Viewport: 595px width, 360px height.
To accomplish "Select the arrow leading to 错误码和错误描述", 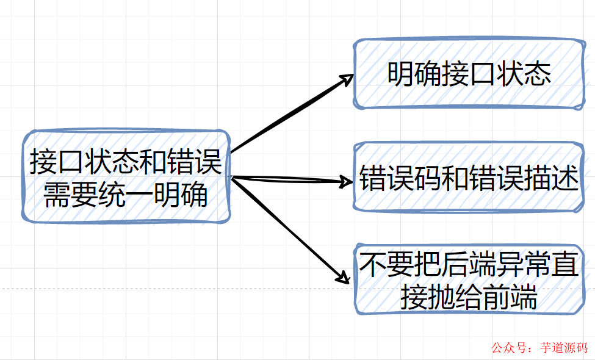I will coord(287,179).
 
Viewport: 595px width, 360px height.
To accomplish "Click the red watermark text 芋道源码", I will coord(564,348).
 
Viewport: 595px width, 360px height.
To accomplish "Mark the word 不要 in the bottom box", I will coord(386,266).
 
